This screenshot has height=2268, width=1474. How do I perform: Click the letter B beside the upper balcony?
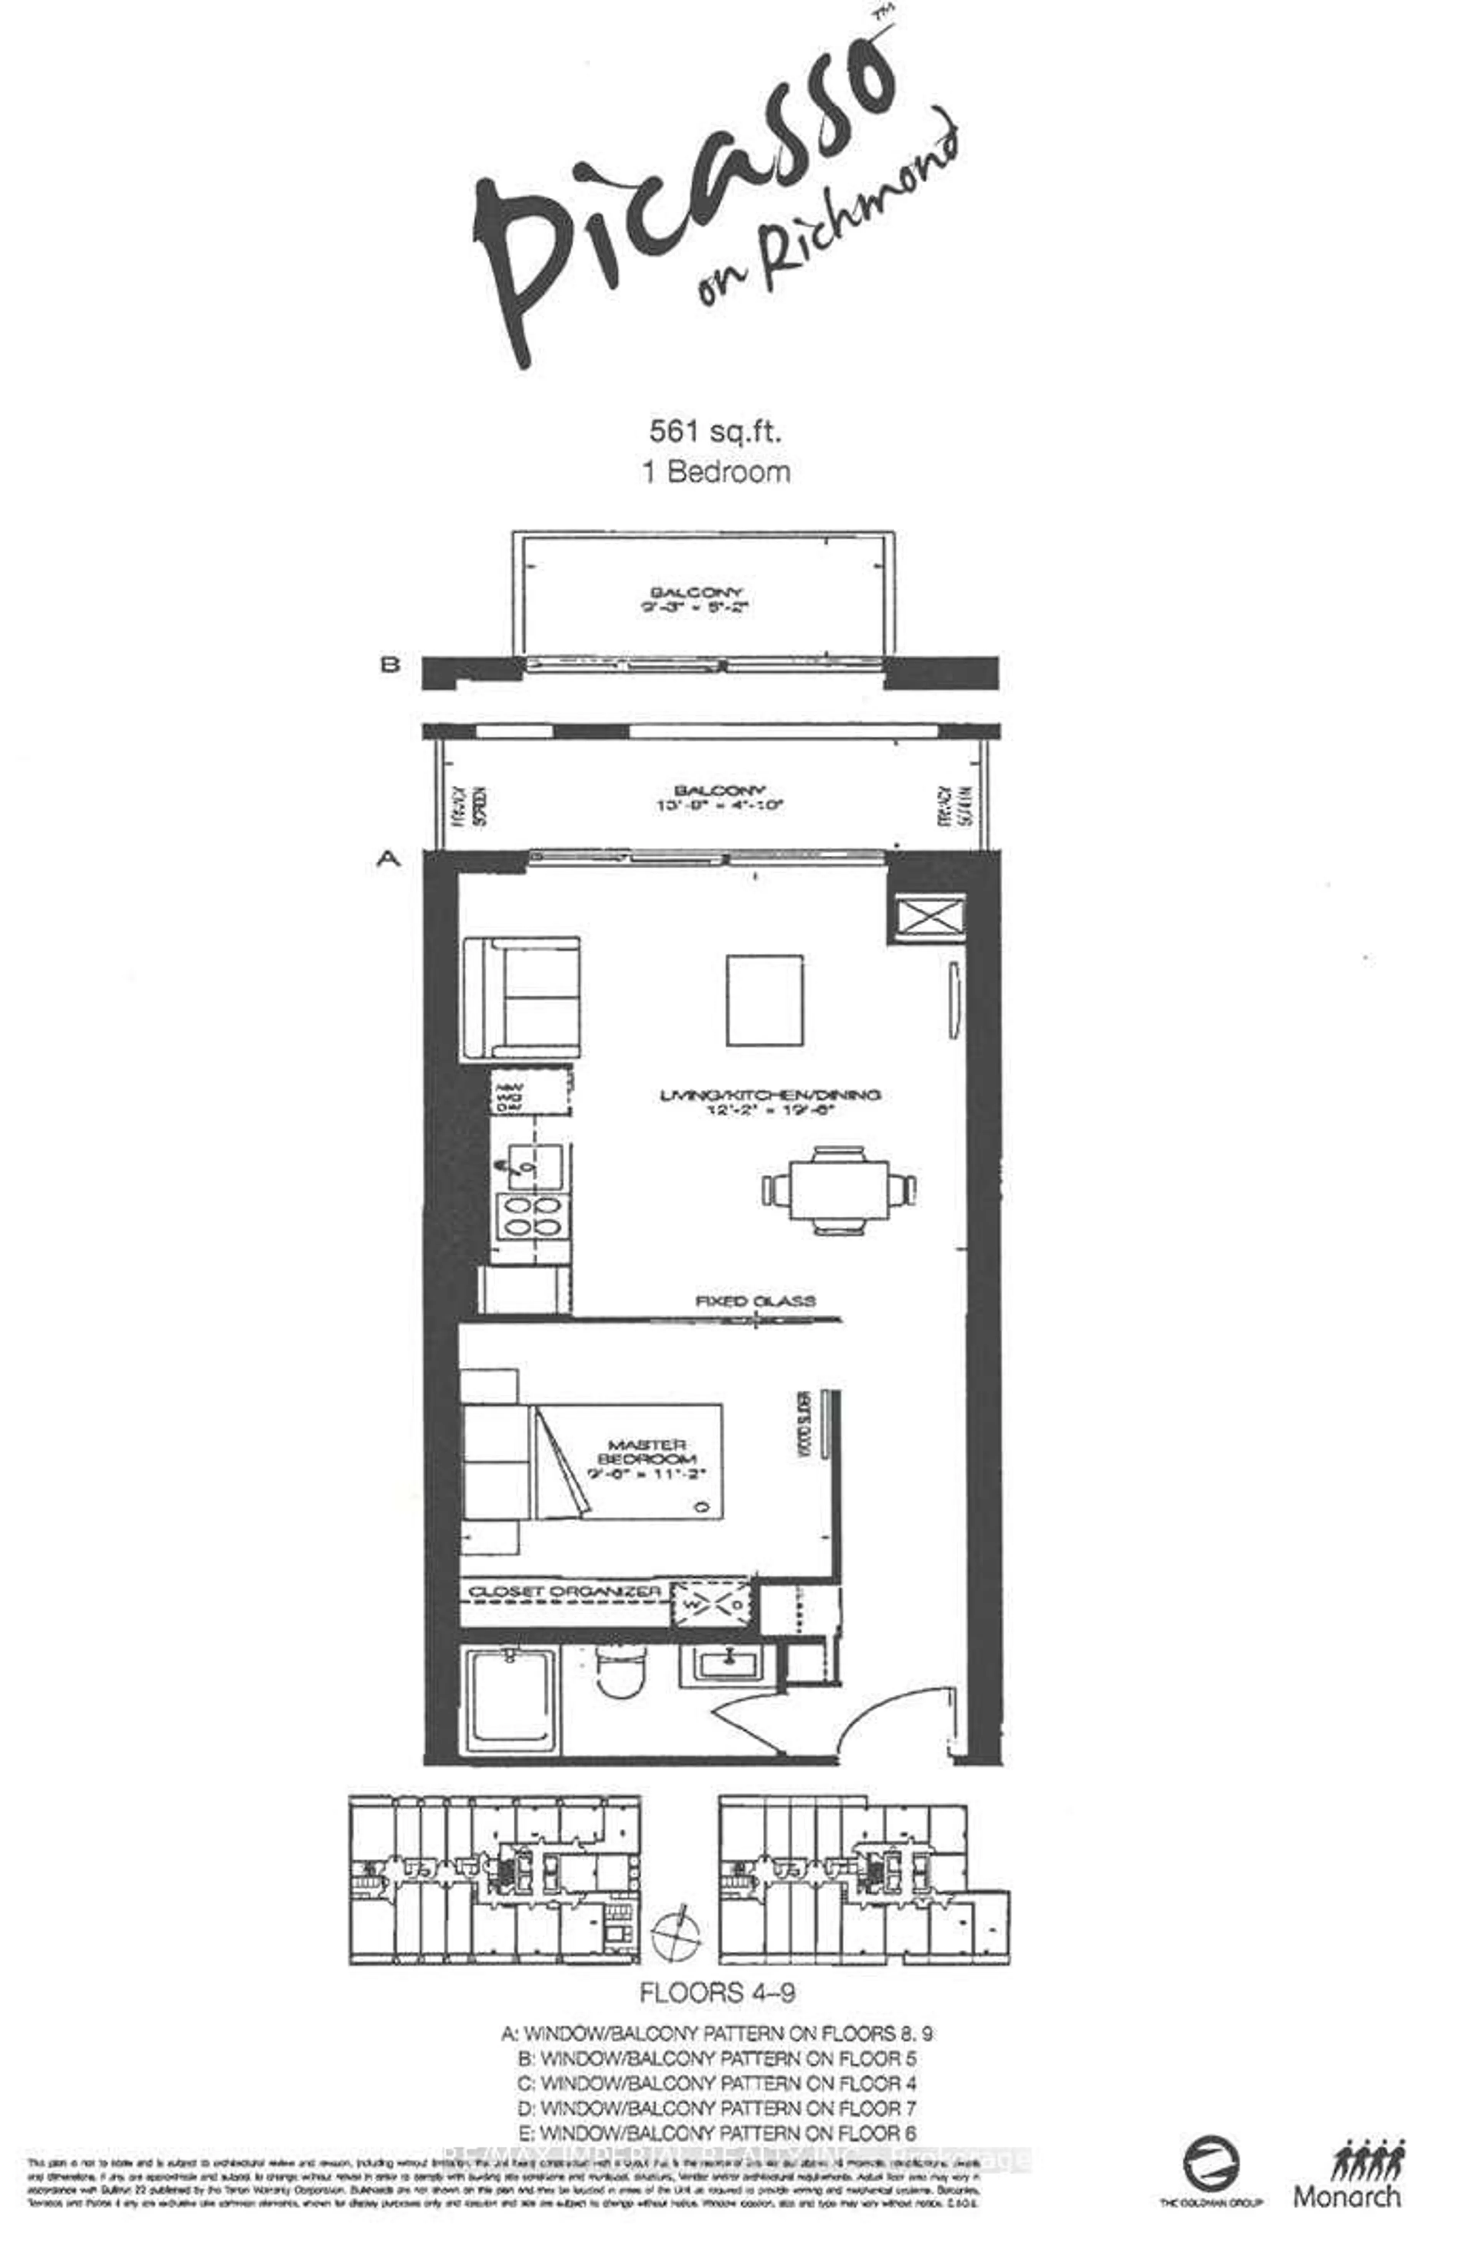[390, 664]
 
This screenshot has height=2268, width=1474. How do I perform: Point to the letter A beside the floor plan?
[388, 859]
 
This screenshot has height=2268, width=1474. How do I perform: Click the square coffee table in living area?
[764, 1000]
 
